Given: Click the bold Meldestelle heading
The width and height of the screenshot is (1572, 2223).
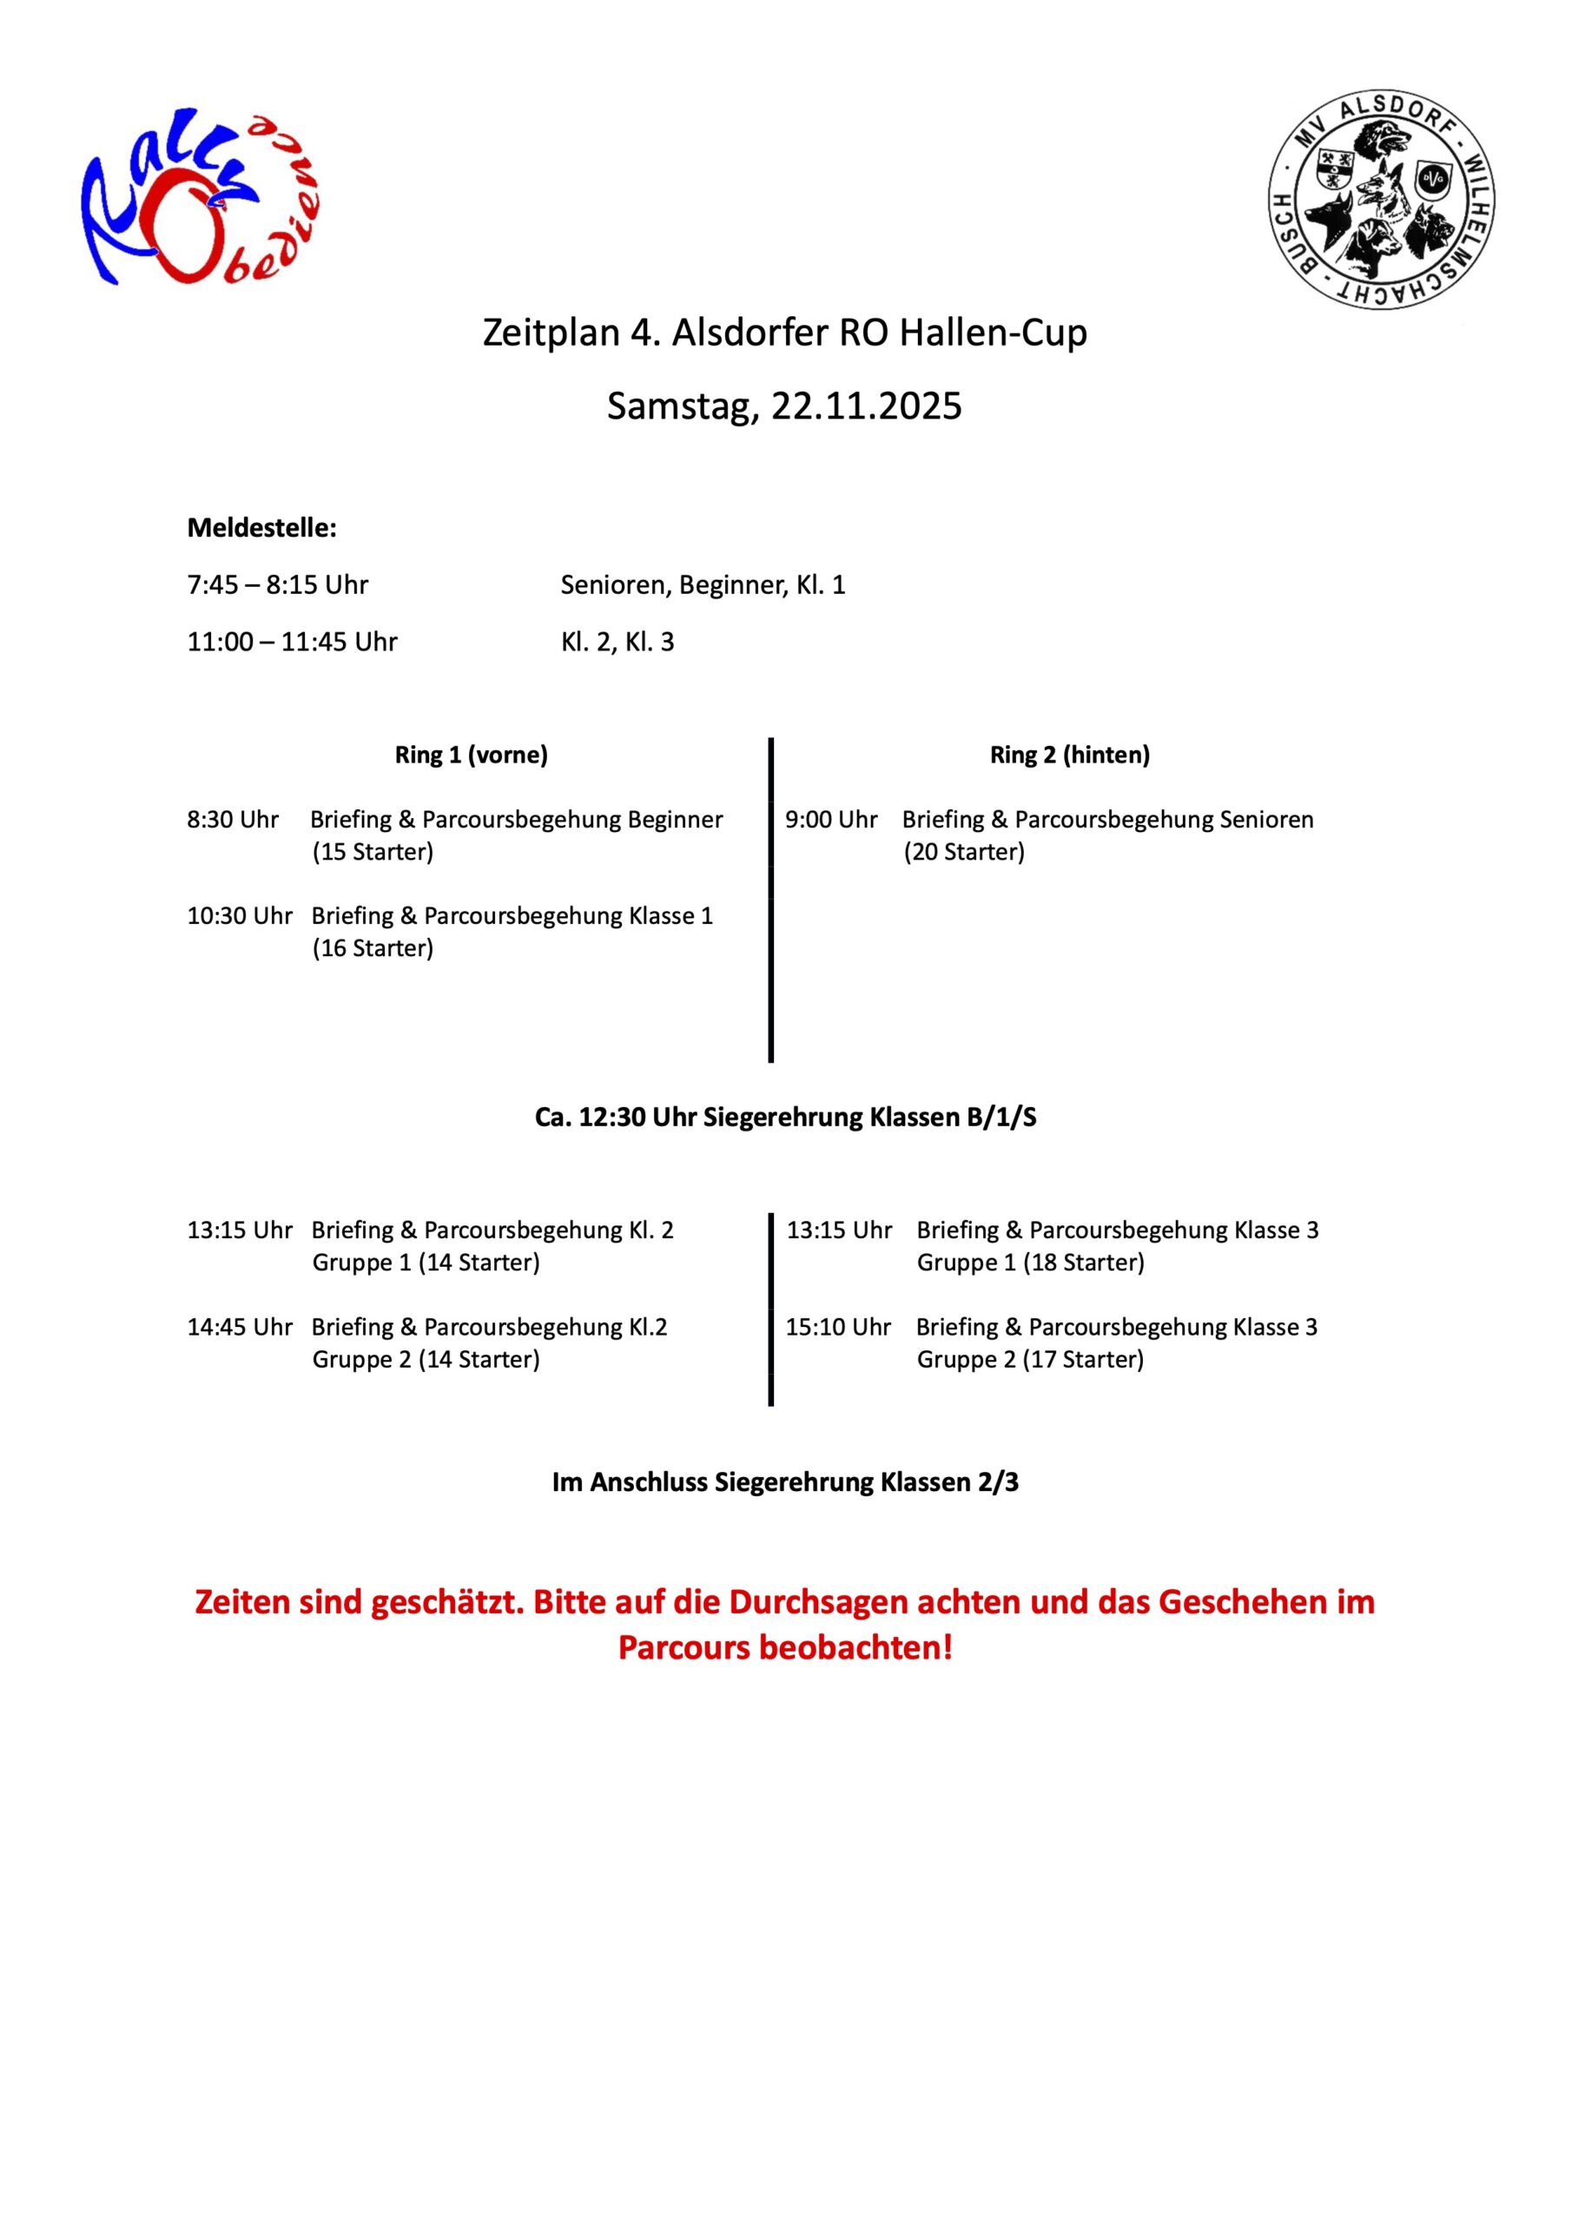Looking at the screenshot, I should tap(261, 528).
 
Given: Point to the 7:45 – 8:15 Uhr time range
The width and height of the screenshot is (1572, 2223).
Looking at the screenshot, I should tap(278, 584).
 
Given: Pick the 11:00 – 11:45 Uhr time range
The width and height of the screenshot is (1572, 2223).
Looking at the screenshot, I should tap(293, 642).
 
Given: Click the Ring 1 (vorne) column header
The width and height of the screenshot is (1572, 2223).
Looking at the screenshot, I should tap(471, 755).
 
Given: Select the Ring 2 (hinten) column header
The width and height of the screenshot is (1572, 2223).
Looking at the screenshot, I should tap(1069, 755).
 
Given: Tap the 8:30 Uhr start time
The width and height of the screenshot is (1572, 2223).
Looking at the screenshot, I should tap(233, 819).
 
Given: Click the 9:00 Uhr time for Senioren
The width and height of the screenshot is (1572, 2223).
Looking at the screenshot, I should tap(831, 819).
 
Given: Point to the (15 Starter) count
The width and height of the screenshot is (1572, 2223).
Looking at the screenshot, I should tap(373, 852).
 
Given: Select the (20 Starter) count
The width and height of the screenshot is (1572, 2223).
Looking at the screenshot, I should tap(964, 852).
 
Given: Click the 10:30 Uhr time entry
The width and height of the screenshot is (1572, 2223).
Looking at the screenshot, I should tap(239, 915).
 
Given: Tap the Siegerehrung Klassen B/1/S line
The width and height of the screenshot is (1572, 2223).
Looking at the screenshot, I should tap(785, 1118).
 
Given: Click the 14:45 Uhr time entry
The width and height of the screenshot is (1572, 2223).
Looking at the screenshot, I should tap(239, 1327).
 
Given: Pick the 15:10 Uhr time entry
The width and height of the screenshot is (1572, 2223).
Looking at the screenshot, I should tap(838, 1327).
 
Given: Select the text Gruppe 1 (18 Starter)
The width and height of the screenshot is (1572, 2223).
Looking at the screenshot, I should tap(1031, 1263).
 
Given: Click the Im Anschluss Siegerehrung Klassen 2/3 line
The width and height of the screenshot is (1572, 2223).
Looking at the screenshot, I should tap(785, 1482).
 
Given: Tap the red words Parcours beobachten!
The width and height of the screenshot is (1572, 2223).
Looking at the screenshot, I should tap(785, 1647).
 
